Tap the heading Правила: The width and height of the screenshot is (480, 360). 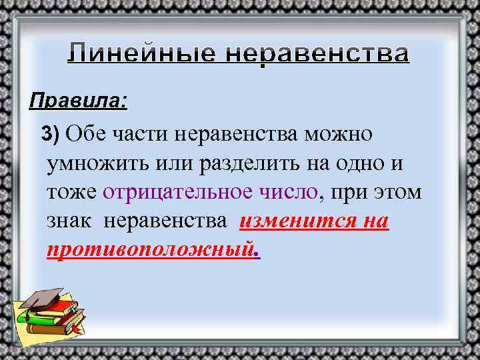(78, 102)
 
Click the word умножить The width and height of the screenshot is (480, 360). (93, 163)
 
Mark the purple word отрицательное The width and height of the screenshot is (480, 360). (176, 192)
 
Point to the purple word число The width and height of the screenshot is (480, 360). (288, 192)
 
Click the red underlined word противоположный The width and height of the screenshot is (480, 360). (151, 250)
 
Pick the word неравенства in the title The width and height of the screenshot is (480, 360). (314, 53)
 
